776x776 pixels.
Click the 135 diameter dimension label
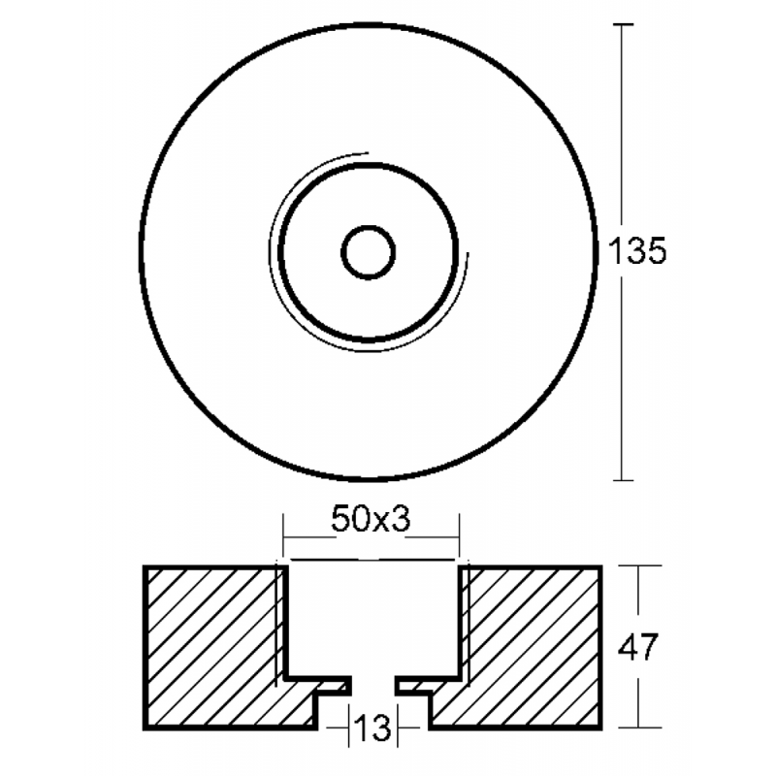click(636, 252)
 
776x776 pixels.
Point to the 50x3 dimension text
click(372, 520)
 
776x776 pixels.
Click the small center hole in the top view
click(369, 253)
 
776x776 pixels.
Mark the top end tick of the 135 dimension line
click(625, 23)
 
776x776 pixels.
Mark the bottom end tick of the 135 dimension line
click(625, 480)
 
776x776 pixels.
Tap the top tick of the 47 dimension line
click(637, 566)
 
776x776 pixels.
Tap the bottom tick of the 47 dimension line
click(637, 727)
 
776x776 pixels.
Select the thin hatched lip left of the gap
click(330, 685)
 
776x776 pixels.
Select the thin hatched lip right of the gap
click(415, 685)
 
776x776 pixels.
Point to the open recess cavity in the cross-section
click(372, 621)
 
